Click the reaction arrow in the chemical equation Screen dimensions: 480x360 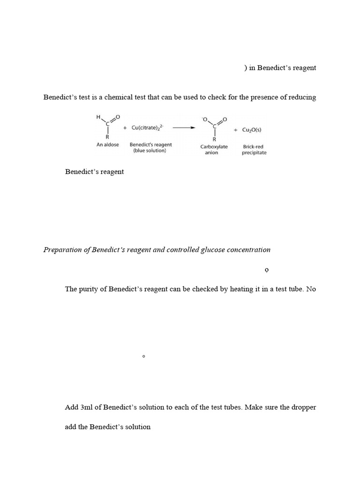(184, 127)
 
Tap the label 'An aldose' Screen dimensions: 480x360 (107, 145)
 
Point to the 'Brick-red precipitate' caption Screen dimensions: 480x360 (254, 150)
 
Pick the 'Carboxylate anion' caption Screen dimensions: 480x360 (214, 150)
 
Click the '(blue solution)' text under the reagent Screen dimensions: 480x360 (150, 151)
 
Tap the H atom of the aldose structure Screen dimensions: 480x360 (98, 116)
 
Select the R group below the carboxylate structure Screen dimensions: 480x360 (214, 139)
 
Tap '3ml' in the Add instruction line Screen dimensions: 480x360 (87, 407)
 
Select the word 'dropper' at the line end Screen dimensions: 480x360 (303, 407)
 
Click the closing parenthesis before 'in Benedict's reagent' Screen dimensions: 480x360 (245, 68)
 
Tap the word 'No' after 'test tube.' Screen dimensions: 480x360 (311, 289)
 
